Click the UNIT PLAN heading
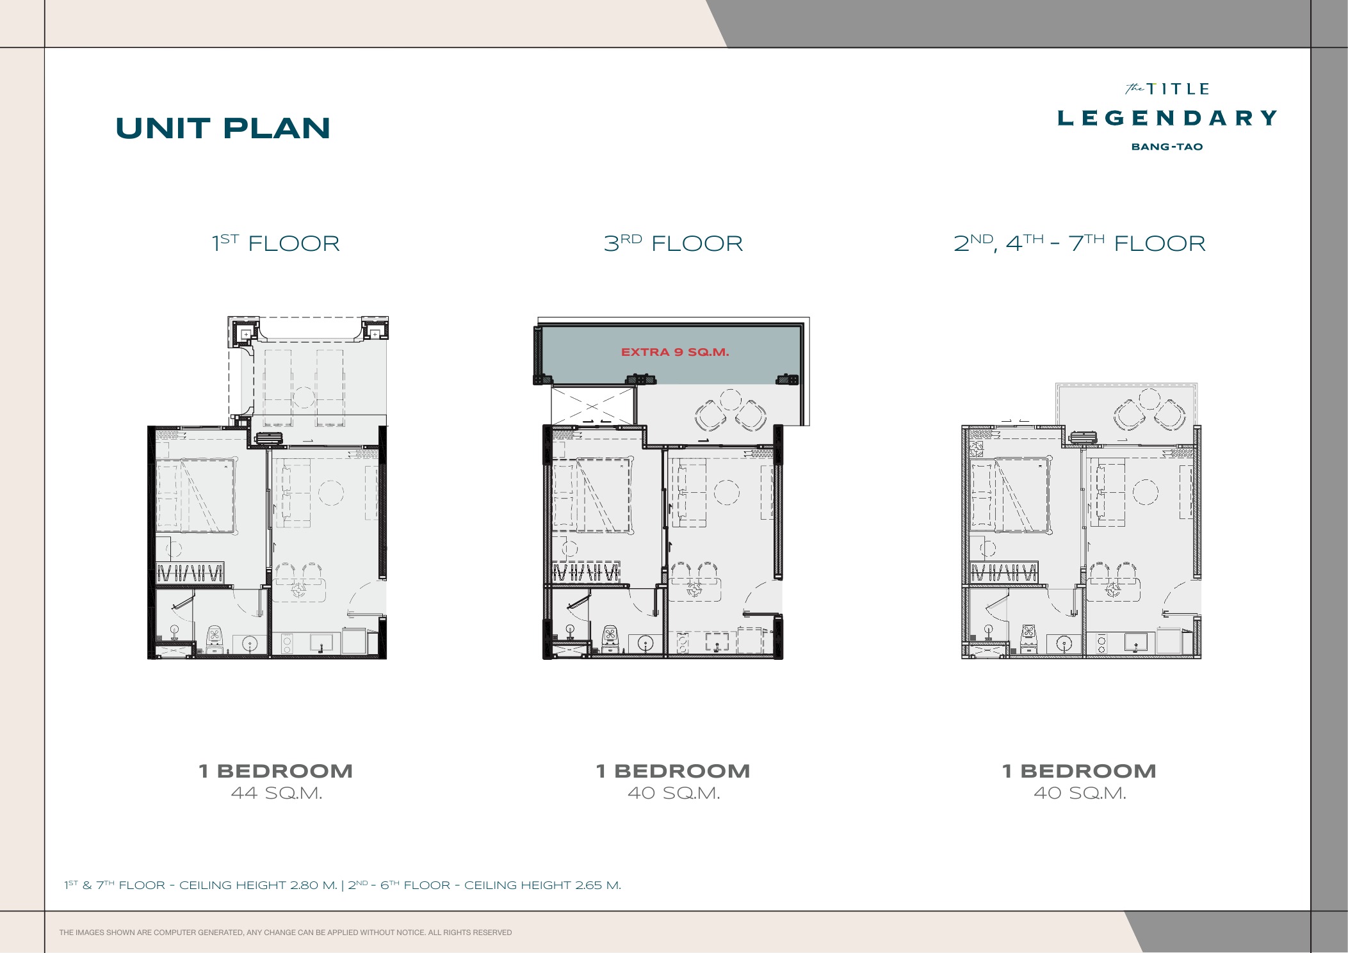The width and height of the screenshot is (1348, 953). click(223, 128)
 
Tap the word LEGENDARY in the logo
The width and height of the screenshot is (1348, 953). click(1167, 118)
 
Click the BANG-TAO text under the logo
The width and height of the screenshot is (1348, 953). click(1167, 147)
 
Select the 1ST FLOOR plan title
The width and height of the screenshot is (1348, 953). click(276, 243)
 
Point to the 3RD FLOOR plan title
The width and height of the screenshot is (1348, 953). click(673, 243)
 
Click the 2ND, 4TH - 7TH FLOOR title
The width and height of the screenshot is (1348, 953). click(1080, 243)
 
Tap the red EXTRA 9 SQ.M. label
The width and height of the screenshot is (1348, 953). click(675, 352)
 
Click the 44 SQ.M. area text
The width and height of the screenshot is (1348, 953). click(277, 793)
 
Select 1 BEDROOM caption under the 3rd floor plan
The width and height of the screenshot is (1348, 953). click(673, 771)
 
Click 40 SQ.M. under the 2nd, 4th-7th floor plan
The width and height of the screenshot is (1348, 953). click(1080, 793)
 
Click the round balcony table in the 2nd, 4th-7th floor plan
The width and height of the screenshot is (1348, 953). click(1149, 399)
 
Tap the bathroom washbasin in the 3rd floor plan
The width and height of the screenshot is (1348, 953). click(645, 643)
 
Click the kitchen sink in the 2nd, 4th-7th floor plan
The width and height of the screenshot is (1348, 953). click(1136, 641)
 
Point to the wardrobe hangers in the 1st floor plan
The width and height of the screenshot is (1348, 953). click(190, 572)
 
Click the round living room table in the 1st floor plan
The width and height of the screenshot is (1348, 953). click(331, 493)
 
